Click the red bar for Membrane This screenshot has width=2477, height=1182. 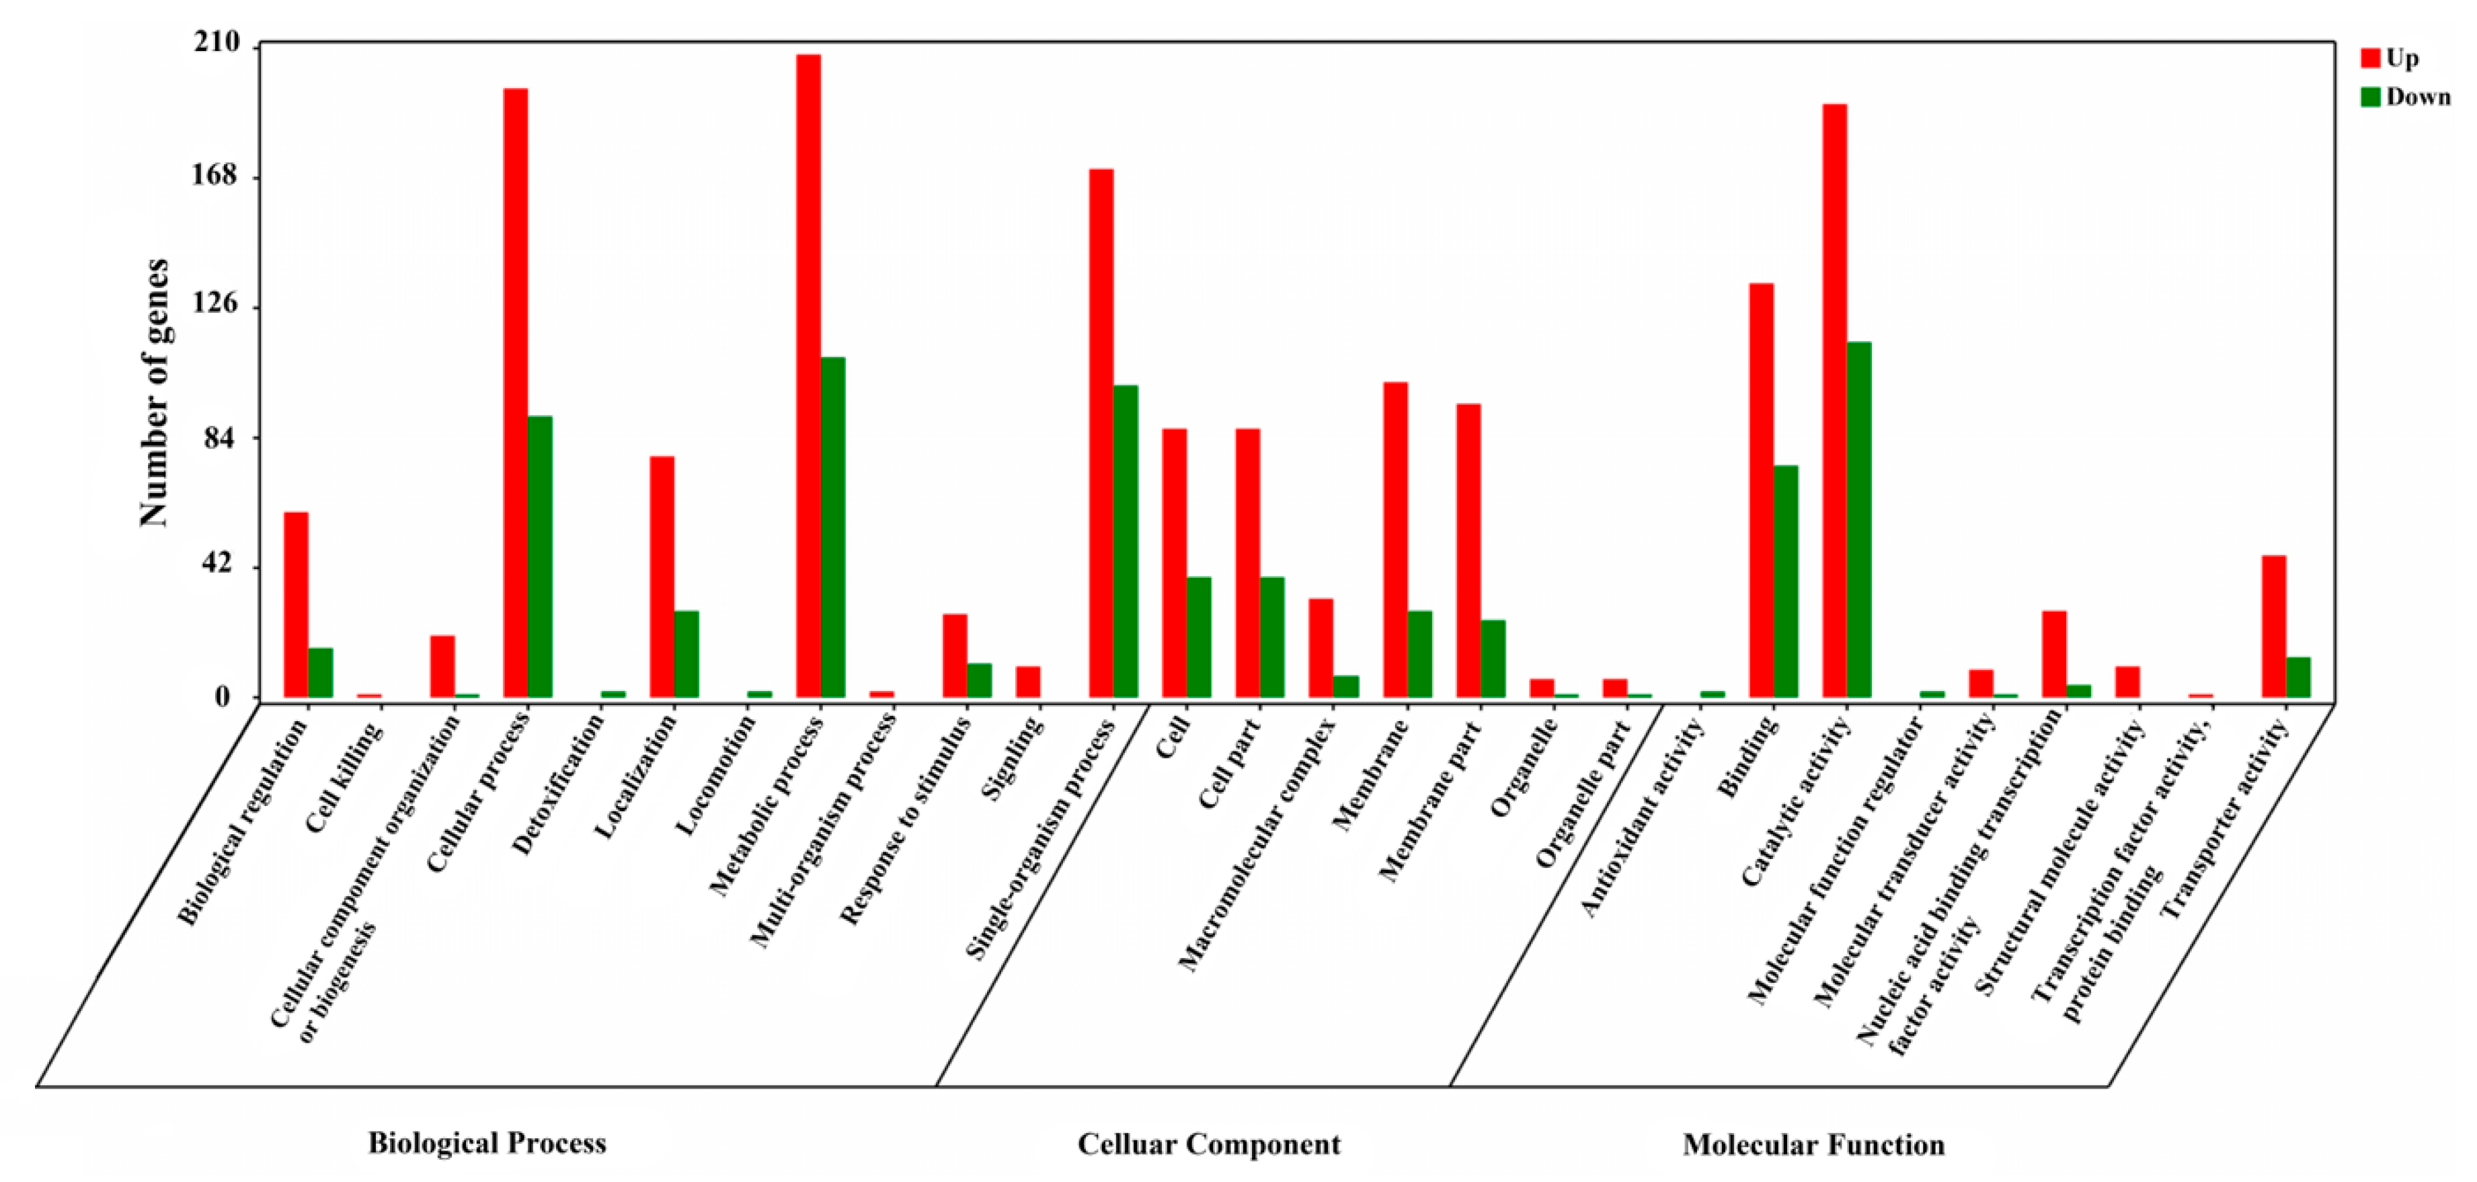coord(1395,540)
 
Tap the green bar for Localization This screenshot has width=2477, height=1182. coord(686,654)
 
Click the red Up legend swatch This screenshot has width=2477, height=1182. coord(2370,59)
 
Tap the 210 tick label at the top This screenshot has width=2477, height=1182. coord(217,42)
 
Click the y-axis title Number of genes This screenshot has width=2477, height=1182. coord(154,392)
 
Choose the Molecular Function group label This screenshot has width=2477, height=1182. coord(1813,1144)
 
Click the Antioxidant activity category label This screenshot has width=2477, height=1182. coord(1643,817)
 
